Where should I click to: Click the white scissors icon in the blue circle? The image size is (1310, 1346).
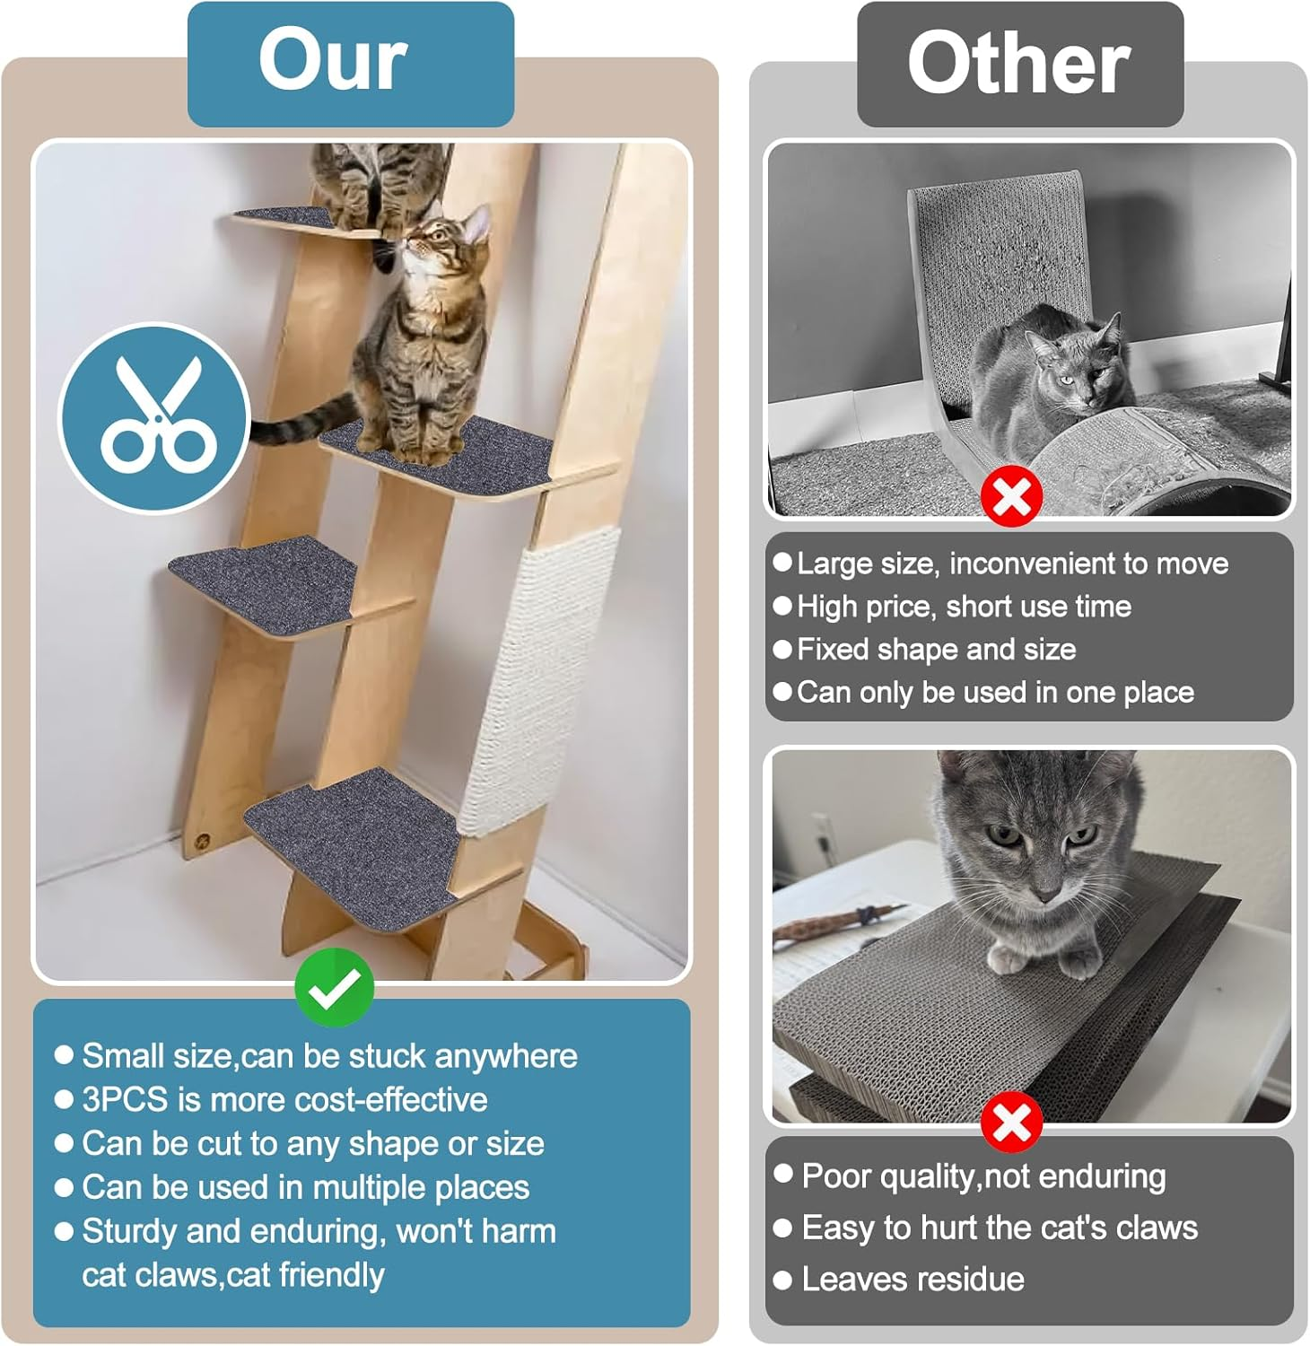[154, 416]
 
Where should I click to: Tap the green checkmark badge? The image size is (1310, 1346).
[334, 987]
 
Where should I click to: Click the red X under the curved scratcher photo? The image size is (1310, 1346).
[1011, 496]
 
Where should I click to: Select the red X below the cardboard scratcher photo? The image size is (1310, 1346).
[1011, 1122]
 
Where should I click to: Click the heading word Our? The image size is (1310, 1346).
[333, 60]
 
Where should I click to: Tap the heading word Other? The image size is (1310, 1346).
[1018, 63]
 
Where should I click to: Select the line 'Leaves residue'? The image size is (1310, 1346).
[913, 1279]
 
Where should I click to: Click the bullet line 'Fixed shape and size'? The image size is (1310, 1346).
[936, 649]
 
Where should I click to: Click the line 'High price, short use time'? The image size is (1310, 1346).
[964, 607]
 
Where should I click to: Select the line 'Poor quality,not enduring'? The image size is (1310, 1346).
[983, 1176]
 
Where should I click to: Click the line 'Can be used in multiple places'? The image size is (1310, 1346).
[305, 1187]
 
